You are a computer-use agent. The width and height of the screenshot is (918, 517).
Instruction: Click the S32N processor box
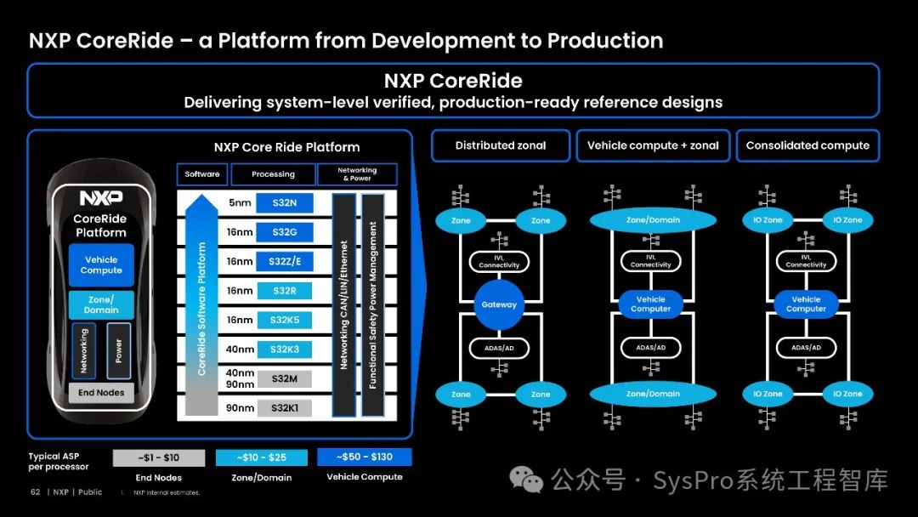point(284,202)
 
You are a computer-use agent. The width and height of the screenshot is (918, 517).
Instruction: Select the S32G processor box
point(284,232)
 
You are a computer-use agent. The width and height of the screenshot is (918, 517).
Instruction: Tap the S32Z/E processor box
point(284,262)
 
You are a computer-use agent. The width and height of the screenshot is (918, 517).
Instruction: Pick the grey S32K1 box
point(284,408)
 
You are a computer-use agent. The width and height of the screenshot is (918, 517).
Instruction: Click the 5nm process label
point(241,202)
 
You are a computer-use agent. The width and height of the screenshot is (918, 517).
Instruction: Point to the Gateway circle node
point(499,304)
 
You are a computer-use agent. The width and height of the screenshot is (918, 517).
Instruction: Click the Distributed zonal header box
point(501,145)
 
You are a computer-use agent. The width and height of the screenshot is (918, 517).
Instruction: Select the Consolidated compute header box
point(807,145)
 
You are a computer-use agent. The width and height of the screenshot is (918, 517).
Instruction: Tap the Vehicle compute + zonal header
point(653,145)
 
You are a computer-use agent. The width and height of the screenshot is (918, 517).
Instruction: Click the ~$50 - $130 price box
point(364,457)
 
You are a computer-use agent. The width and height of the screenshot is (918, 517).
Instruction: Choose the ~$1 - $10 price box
point(159,457)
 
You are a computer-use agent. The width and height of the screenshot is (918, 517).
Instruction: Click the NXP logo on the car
point(101,198)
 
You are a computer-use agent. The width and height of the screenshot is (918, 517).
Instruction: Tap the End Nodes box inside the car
point(101,393)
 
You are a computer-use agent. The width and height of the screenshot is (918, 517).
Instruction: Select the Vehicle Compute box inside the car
point(101,265)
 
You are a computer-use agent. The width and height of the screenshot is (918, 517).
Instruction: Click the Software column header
point(201,174)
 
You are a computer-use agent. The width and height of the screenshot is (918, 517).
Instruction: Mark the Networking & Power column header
point(357,174)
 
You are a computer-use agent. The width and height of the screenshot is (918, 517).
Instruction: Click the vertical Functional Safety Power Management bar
point(372,304)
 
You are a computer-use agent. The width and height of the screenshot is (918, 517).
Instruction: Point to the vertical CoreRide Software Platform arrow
point(201,306)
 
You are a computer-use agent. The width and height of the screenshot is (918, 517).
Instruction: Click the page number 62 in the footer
point(36,491)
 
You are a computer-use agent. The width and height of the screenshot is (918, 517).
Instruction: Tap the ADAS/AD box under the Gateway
point(499,348)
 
